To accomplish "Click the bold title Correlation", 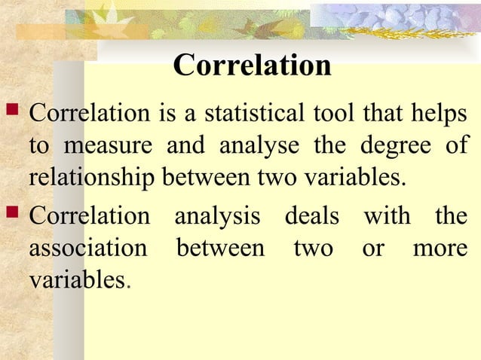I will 252,66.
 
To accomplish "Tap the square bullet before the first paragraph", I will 14,114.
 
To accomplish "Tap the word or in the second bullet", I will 372,249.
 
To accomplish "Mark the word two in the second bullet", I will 313,248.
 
